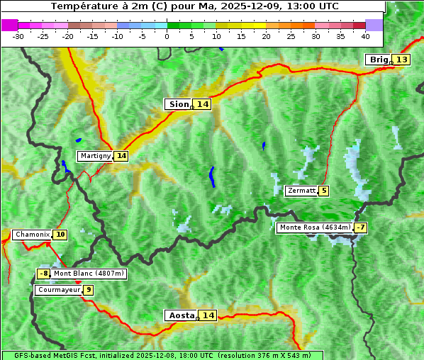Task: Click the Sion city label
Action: pos(178,104)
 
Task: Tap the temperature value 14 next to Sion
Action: pos(203,104)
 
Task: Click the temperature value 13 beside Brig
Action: pos(401,60)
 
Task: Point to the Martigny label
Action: pos(94,156)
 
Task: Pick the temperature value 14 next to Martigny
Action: pos(121,156)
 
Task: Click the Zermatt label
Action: pos(301,191)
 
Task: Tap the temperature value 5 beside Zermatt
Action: pos(324,191)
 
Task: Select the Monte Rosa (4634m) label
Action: pos(315,227)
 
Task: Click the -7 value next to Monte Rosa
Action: pos(361,227)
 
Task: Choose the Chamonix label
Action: pos(32,235)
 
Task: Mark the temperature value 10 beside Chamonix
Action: pos(60,235)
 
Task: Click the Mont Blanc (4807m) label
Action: pos(89,274)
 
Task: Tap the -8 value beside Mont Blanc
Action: pos(44,274)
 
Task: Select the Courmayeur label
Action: pos(59,290)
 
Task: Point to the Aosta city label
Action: pos(180,315)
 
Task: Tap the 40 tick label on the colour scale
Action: pos(364,35)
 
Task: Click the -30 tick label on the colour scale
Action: pos(18,35)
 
